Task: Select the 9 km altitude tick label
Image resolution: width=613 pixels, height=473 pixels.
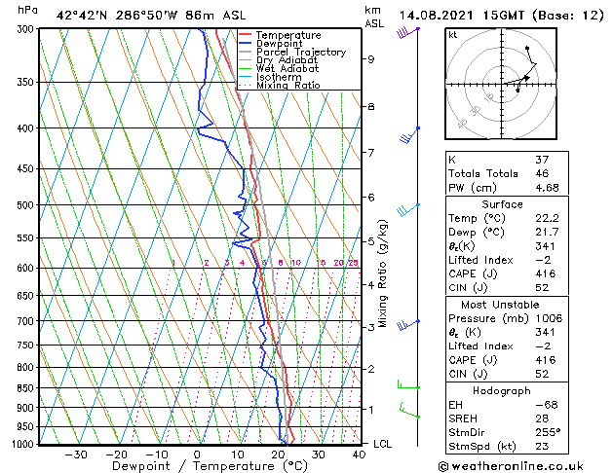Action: click(x=371, y=59)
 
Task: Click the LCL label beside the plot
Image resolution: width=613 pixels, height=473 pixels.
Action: click(x=384, y=444)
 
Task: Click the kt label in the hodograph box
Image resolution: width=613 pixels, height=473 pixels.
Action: click(x=452, y=34)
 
